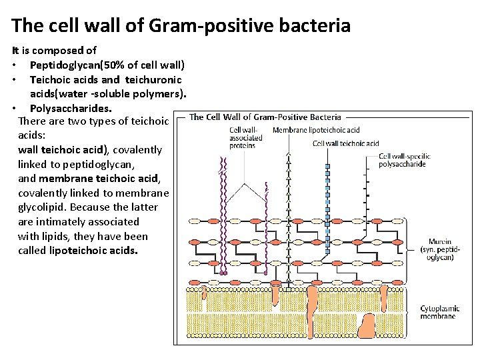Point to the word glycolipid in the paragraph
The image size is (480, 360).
[x=43, y=207]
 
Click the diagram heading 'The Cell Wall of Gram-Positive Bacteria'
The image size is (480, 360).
[x=265, y=117]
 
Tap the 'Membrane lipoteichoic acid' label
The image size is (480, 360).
[x=315, y=130]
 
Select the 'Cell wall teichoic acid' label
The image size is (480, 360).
[x=345, y=143]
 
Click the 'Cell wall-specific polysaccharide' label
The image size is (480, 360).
[x=404, y=160]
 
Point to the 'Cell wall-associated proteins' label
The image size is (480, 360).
[x=245, y=138]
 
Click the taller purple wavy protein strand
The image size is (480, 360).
[x=223, y=213]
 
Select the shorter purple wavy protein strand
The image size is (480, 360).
[x=265, y=227]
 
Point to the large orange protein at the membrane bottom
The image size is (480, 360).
[x=367, y=327]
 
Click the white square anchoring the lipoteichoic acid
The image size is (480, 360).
[x=288, y=289]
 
